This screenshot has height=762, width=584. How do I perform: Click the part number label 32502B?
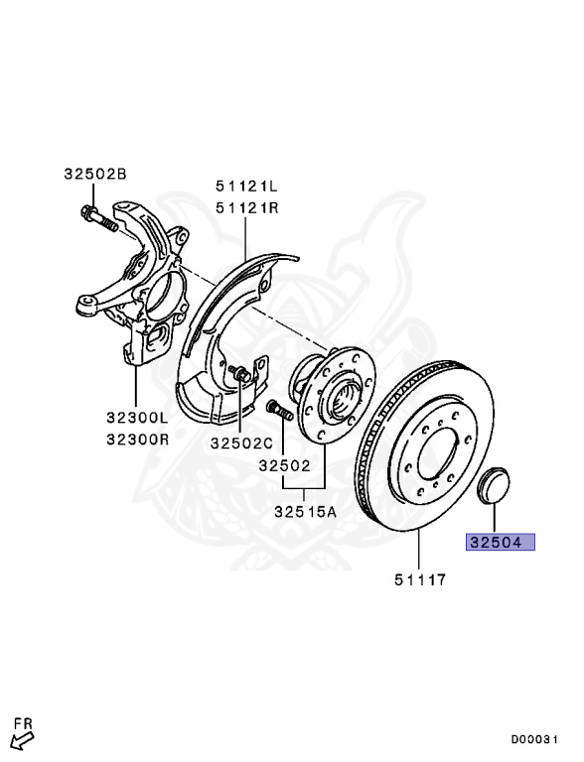95,174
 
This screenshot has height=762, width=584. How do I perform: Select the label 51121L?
247,186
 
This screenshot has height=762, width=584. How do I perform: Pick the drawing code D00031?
539,738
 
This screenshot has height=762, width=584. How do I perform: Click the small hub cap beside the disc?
494,487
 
